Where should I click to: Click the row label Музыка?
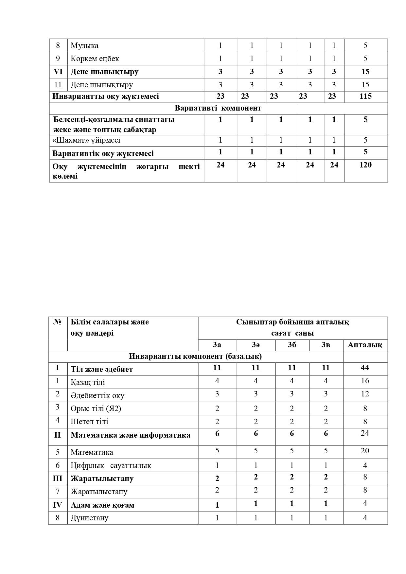pyautogui.click(x=84, y=45)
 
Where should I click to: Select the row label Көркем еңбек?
pyautogui.click(x=95, y=59)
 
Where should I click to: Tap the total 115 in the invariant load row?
pyautogui.click(x=365, y=96)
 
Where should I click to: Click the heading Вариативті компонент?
pyautogui.click(x=218, y=108)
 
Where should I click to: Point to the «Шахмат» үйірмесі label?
pyautogui.click(x=86, y=140)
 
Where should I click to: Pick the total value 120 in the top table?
pyautogui.click(x=365, y=165)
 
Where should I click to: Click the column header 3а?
pyautogui.click(x=217, y=345)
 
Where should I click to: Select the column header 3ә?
pyautogui.click(x=256, y=345)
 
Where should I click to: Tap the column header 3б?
pyautogui.click(x=292, y=345)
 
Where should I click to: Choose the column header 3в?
pyautogui.click(x=326, y=345)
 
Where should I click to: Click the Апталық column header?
pyautogui.click(x=365, y=345)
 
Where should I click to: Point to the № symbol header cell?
pyautogui.click(x=58, y=322)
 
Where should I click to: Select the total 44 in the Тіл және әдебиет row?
pyautogui.click(x=365, y=368)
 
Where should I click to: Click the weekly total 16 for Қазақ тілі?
pyautogui.click(x=365, y=381)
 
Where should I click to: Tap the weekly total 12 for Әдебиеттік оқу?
pyautogui.click(x=365, y=394)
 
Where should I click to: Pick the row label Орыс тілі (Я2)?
pyautogui.click(x=96, y=409)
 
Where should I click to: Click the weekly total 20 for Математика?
pyautogui.click(x=365, y=451)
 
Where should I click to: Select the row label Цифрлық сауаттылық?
pyautogui.click(x=111, y=465)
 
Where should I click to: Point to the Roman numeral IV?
pyautogui.click(x=58, y=505)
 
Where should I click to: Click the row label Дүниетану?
pyautogui.click(x=89, y=518)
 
